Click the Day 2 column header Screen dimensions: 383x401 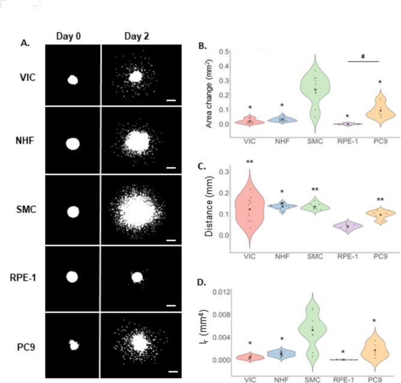(x=136, y=35)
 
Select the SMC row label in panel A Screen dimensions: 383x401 (x=23, y=211)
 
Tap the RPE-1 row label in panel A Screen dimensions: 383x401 (x=23, y=278)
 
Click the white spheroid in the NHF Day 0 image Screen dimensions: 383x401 (x=73, y=144)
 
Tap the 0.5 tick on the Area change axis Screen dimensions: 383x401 (x=228, y=52)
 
